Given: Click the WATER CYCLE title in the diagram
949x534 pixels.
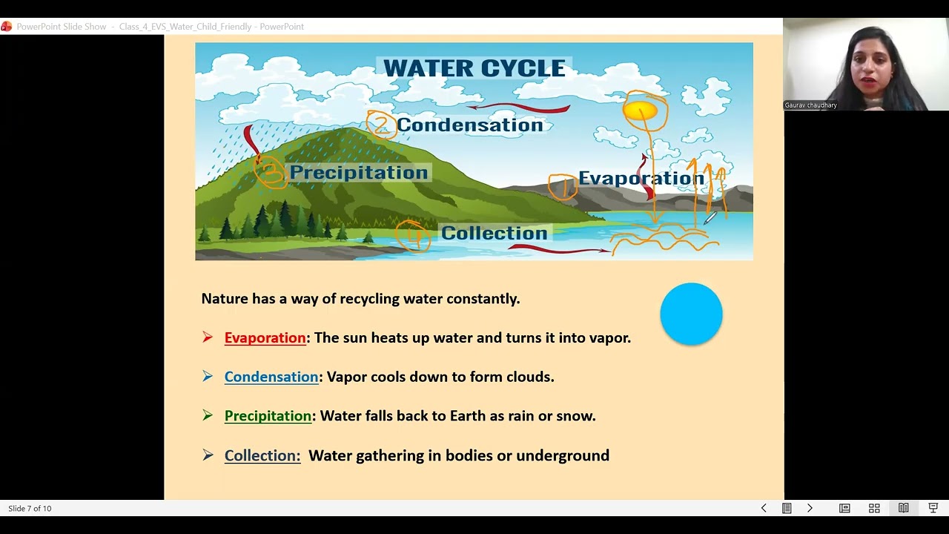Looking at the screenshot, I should [x=474, y=68].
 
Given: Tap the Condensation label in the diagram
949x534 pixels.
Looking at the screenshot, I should [x=469, y=125].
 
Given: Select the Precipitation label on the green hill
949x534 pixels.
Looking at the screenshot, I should [x=358, y=173].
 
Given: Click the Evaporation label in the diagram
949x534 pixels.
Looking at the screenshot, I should [x=641, y=178].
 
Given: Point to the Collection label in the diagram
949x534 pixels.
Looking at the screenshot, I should [x=494, y=233].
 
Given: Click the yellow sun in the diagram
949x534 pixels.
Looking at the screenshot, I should [x=640, y=111].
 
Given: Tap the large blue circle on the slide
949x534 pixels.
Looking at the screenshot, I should [x=691, y=314].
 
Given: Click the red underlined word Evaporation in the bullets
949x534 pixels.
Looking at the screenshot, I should [x=265, y=338].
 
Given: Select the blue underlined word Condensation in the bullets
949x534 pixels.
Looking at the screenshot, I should [x=271, y=377].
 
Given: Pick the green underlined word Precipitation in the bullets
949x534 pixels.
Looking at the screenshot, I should [x=268, y=416].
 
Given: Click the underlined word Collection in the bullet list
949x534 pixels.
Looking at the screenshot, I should [x=262, y=455].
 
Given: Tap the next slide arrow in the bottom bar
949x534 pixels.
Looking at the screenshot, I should [x=810, y=508].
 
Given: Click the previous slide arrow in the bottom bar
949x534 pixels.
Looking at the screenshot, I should [x=764, y=508].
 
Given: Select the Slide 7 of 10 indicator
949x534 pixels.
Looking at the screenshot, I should [x=30, y=508].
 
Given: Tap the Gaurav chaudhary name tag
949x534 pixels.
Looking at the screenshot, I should [x=810, y=105].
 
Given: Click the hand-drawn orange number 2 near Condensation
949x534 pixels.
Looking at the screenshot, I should [x=381, y=124].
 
